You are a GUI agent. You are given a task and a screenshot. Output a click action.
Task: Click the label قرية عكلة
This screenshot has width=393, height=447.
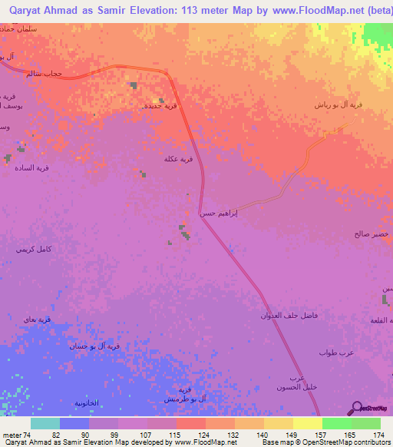pyautogui.click(x=177, y=159)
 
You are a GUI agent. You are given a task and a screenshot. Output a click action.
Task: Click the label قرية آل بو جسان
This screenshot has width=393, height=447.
pyautogui.click(x=94, y=346)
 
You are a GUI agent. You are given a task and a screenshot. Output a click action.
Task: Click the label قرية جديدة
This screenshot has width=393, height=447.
pyautogui.click(x=160, y=106)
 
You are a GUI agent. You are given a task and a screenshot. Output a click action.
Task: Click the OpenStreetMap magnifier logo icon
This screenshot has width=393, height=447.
pyautogui.click(x=356, y=408)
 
